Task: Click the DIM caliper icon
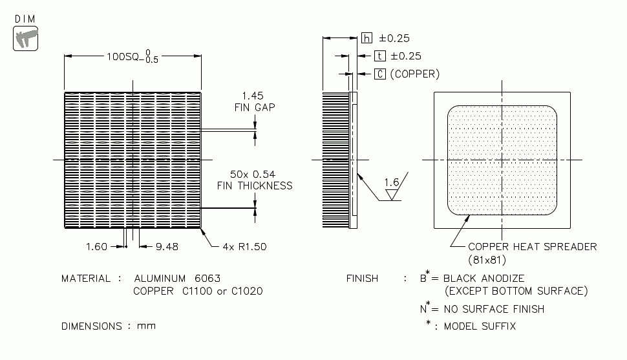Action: (25, 38)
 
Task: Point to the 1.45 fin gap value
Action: (253, 95)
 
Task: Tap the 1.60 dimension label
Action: (97, 246)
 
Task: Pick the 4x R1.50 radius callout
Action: (244, 246)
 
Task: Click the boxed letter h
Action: (367, 39)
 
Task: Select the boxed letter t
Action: (380, 56)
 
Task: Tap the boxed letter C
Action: (380, 74)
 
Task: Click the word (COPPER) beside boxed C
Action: (415, 74)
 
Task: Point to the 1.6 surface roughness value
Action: (392, 183)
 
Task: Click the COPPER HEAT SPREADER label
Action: (532, 246)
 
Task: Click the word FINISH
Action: (362, 279)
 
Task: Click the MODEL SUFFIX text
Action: (480, 326)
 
